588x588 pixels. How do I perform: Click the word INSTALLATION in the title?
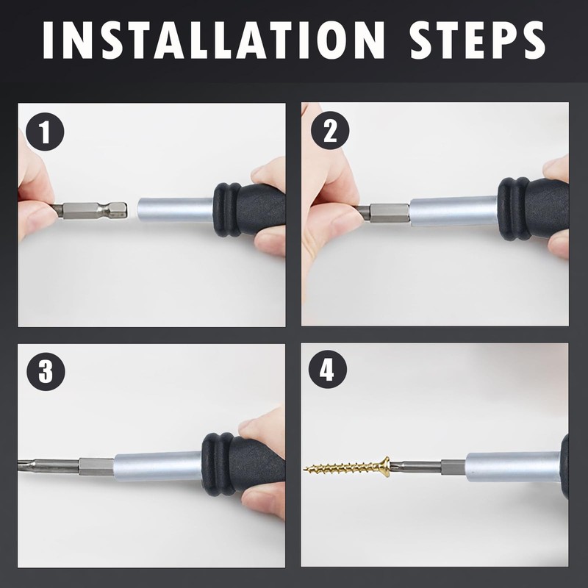pyautogui.click(x=213, y=40)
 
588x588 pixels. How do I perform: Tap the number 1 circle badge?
pyautogui.click(x=45, y=132)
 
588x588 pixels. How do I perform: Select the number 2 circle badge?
pyautogui.click(x=330, y=131)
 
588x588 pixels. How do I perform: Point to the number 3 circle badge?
pyautogui.click(x=46, y=372)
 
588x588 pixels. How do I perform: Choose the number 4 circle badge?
pyautogui.click(x=328, y=370)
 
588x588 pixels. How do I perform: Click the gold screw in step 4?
pyautogui.click(x=347, y=467)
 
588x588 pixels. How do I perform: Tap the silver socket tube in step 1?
pyautogui.click(x=176, y=210)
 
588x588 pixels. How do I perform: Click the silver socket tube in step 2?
pyautogui.click(x=453, y=211)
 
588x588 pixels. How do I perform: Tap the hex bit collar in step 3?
pyautogui.click(x=96, y=467)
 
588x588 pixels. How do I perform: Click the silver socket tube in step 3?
pyautogui.click(x=158, y=466)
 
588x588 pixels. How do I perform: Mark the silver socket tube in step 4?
pyautogui.click(x=513, y=467)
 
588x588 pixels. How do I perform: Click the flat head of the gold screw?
pyautogui.click(x=386, y=467)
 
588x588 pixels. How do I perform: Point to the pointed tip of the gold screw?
pyautogui.click(x=304, y=467)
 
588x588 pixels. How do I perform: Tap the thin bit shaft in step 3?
pyautogui.click(x=49, y=465)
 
